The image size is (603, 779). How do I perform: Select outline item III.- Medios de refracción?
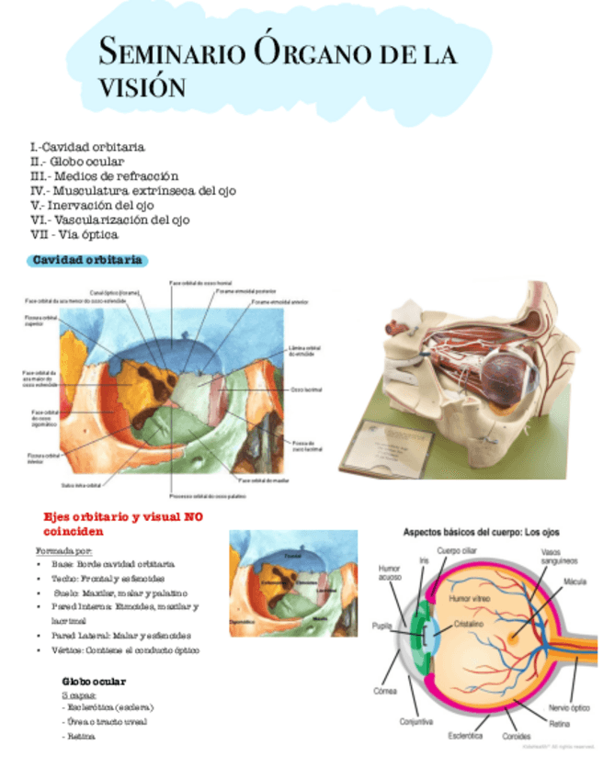(x=104, y=175)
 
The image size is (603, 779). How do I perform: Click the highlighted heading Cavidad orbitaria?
(x=87, y=260)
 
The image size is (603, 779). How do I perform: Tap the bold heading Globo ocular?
(x=94, y=682)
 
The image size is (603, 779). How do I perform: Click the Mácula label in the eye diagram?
(x=575, y=581)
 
